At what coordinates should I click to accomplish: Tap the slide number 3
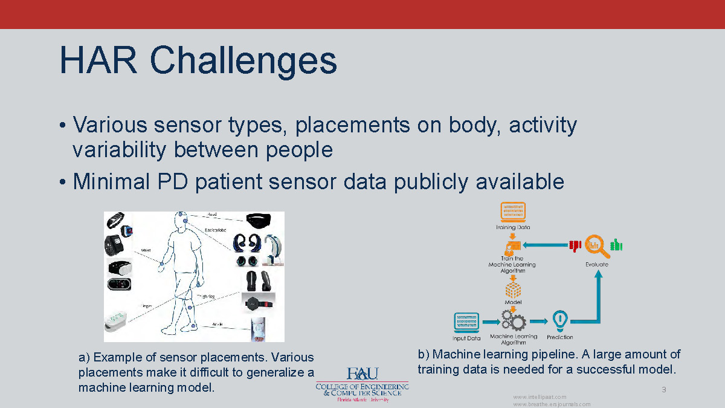(663, 389)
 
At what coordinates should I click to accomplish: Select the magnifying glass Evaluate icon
(596, 245)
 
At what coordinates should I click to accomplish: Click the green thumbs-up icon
(616, 245)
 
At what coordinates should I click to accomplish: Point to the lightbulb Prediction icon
(560, 319)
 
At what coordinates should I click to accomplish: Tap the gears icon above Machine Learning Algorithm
(512, 320)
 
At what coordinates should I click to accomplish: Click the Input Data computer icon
(466, 321)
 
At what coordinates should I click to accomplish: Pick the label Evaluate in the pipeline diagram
(597, 264)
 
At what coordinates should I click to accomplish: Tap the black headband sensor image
(262, 222)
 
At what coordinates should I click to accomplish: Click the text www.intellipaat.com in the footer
(540, 397)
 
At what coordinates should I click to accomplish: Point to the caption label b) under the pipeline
(423, 354)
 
